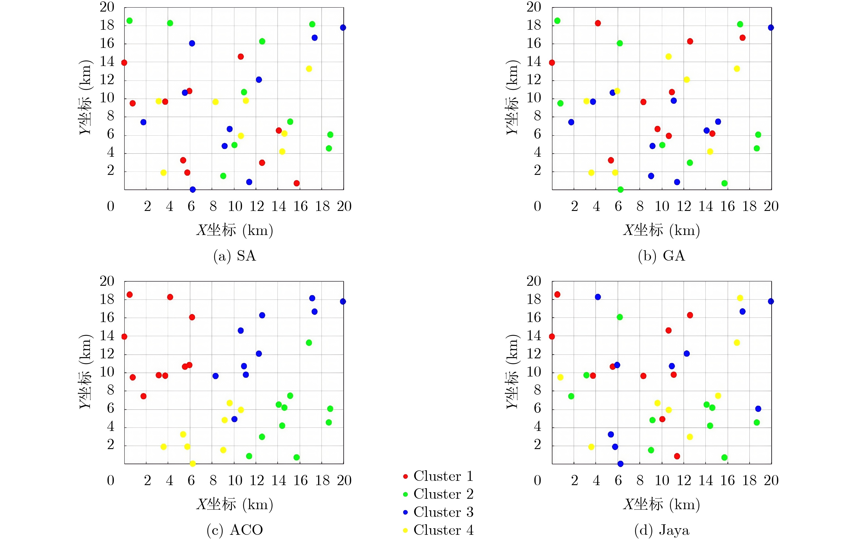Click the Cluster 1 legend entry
(x=439, y=476)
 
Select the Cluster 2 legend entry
(x=439, y=494)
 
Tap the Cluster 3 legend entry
(x=439, y=512)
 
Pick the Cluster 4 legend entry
(x=439, y=530)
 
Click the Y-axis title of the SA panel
(x=85, y=98)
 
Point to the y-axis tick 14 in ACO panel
(x=107, y=335)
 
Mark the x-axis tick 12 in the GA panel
(x=684, y=206)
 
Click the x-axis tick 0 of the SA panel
(x=111, y=206)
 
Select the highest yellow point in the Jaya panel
(x=740, y=298)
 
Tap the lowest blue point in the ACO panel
(x=234, y=419)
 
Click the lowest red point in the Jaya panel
(x=677, y=456)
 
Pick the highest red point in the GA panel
(x=598, y=23)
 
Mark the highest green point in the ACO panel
(x=309, y=342)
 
